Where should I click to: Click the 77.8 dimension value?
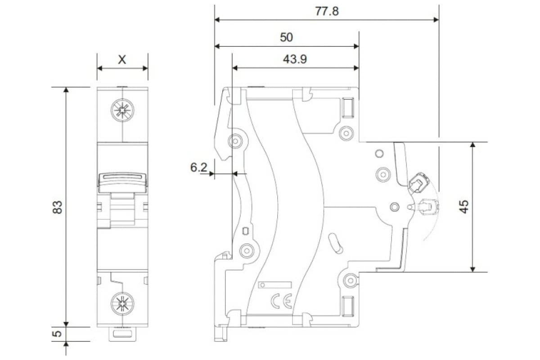tap(327, 11)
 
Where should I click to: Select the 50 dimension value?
tap(286, 37)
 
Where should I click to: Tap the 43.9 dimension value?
tap(295, 59)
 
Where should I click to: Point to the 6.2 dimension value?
tap(198, 167)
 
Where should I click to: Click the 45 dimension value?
tap(464, 207)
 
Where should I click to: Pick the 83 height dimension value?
tap(58, 207)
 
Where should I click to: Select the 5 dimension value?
tap(58, 334)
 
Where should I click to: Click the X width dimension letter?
tap(122, 59)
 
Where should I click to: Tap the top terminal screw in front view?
tap(122, 110)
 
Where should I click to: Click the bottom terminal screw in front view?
tap(122, 304)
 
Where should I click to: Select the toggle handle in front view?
tap(122, 183)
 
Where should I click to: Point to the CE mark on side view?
tap(281, 301)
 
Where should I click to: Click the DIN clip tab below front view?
tap(122, 334)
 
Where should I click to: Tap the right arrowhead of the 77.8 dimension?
tap(436, 20)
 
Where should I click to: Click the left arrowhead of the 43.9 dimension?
tap(235, 68)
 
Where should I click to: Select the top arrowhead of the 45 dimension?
tap(472, 145)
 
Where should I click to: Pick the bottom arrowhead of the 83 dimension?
tap(66, 324)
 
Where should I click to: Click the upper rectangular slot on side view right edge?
tap(348, 108)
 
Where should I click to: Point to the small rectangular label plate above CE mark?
tap(275, 285)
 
